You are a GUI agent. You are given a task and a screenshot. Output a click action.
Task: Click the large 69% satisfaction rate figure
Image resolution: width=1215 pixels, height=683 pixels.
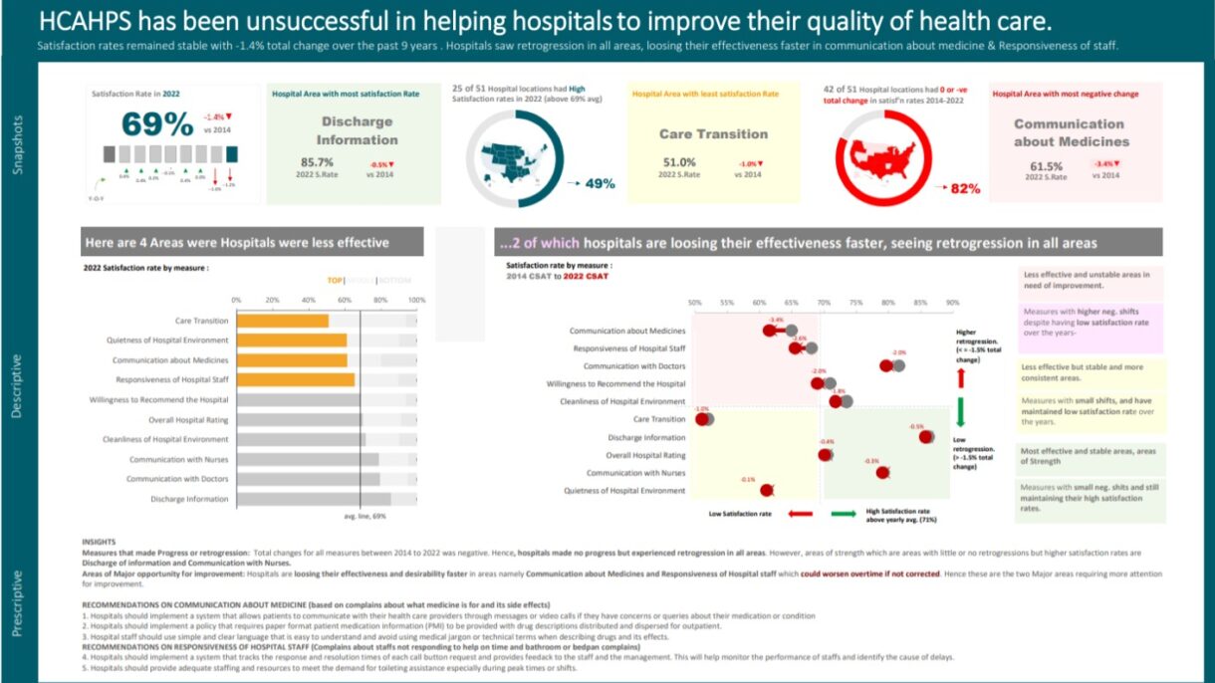point(157,124)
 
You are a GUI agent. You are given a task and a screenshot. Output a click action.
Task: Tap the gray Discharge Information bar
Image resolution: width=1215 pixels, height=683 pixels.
point(313,499)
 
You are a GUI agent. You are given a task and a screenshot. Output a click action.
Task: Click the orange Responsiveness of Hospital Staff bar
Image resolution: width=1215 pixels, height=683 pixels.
point(295,379)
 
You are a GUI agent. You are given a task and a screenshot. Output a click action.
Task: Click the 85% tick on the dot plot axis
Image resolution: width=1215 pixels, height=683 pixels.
point(920,302)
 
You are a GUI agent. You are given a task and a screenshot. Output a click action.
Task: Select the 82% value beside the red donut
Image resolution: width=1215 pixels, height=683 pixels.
point(965,188)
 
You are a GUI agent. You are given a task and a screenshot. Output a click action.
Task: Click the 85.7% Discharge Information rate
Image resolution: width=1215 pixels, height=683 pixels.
point(317,161)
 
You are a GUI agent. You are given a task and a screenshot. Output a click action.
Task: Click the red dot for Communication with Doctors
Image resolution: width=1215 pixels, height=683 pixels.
point(886,366)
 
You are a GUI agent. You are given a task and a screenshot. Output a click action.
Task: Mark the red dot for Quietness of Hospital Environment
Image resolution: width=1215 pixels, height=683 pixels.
point(766,490)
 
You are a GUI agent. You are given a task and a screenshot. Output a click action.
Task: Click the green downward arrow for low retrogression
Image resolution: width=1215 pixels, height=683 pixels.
point(961,412)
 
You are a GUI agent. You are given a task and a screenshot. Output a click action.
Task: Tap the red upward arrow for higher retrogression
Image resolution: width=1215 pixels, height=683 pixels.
point(961,377)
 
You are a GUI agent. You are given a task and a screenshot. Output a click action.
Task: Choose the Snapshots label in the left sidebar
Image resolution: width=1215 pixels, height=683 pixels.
point(17,144)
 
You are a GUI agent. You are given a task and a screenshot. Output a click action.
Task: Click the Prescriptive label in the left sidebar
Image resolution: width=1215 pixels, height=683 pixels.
point(17,602)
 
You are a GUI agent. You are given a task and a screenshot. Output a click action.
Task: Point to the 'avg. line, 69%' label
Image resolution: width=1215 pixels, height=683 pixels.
point(364,516)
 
